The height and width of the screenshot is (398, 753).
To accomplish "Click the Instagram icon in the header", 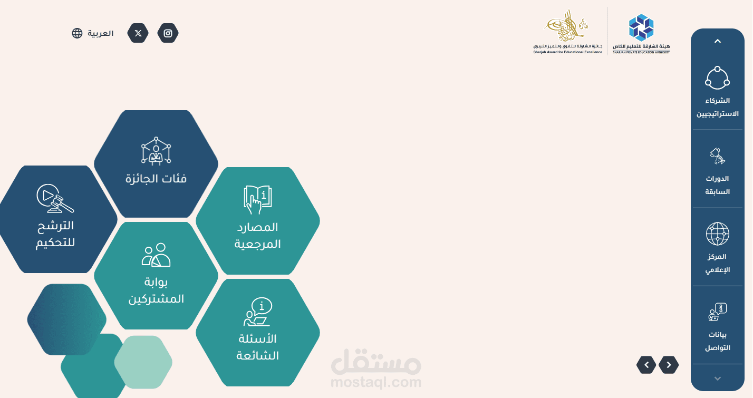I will (168, 33).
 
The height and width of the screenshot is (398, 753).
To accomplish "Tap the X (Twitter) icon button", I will (138, 33).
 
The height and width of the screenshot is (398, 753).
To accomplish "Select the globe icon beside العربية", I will (77, 33).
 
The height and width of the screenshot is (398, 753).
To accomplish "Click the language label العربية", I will (100, 33).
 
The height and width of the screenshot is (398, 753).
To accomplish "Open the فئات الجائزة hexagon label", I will (156, 179).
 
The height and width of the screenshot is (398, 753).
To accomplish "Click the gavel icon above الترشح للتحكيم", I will (55, 198).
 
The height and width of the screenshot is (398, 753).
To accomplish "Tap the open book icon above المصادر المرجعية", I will (257, 199).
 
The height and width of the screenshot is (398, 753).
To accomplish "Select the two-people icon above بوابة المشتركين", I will (156, 255).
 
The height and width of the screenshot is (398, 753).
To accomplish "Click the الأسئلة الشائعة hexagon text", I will (257, 347).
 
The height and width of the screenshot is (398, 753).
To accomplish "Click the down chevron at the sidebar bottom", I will (717, 378).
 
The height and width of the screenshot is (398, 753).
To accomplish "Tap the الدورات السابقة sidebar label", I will (717, 185).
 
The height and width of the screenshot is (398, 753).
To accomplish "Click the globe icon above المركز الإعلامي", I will (717, 234).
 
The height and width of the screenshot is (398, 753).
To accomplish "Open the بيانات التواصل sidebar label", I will (717, 341).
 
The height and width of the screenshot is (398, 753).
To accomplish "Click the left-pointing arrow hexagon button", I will (669, 364).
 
